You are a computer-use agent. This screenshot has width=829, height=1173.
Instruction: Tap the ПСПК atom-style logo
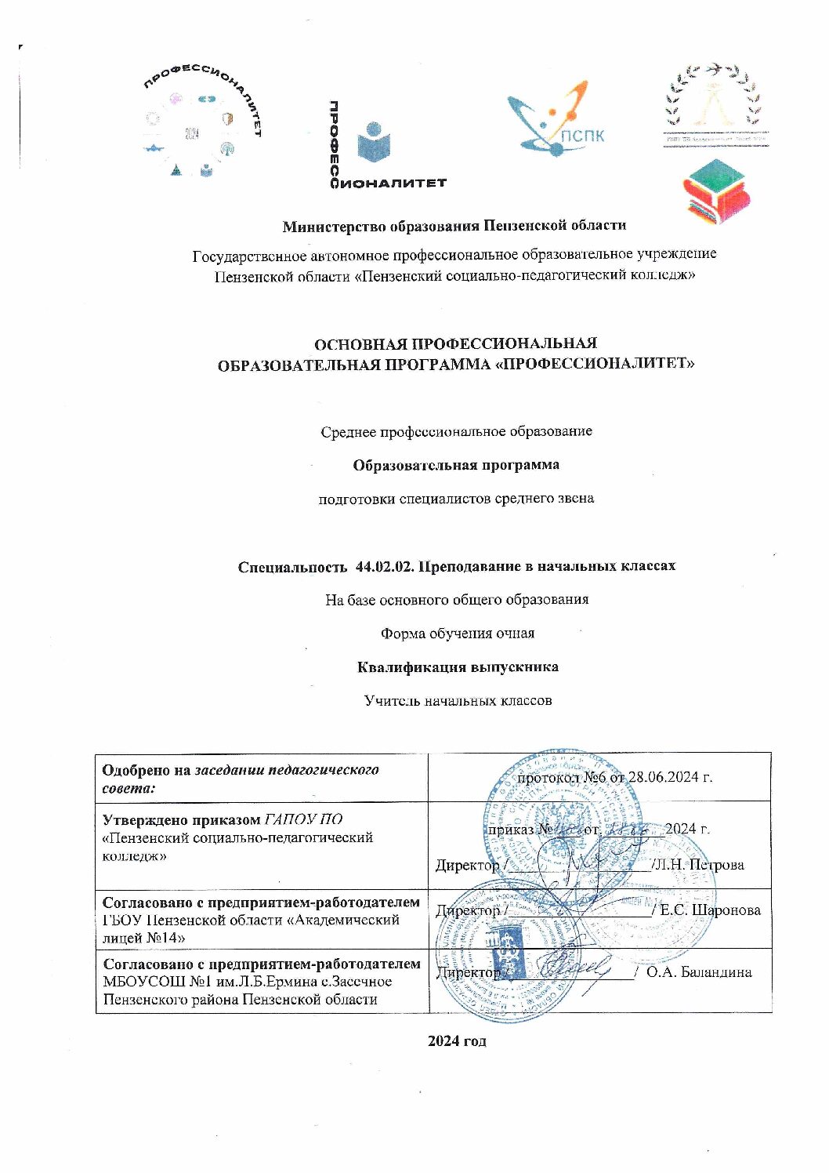[556, 118]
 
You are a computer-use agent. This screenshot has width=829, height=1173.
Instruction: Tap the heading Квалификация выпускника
[457, 667]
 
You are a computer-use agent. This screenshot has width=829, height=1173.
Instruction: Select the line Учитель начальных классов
[457, 700]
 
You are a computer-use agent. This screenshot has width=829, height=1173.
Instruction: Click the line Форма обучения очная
[457, 633]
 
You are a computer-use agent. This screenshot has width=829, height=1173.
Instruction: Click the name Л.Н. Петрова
[699, 865]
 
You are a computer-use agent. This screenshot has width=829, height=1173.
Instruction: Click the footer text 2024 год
[457, 1040]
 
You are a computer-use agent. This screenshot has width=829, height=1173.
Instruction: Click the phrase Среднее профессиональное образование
[457, 431]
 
